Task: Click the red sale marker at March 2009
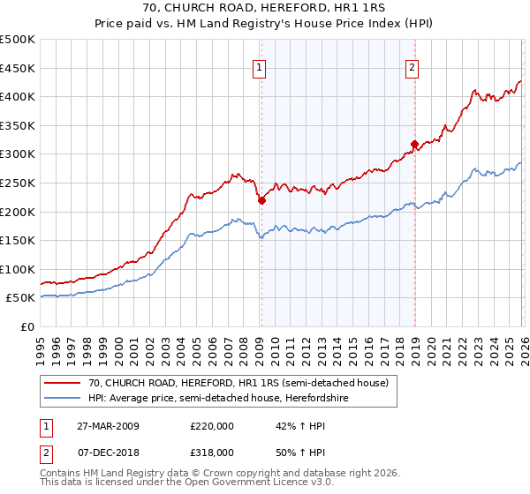(261, 200)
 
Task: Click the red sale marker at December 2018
(413, 144)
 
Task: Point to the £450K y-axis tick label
(18, 68)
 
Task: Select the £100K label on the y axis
(18, 269)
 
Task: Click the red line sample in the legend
(63, 382)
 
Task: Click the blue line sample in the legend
(63, 397)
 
